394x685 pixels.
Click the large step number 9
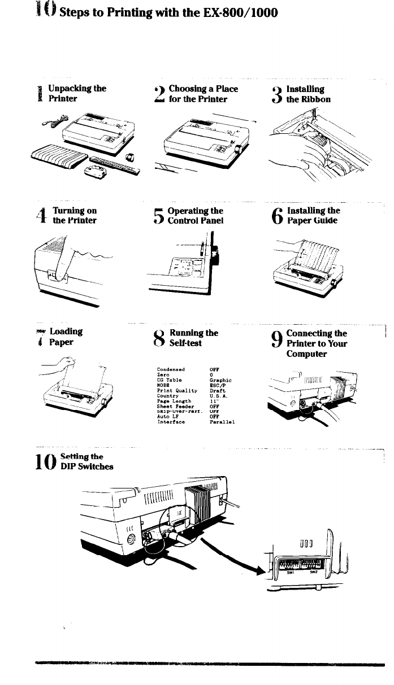point(278,339)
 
